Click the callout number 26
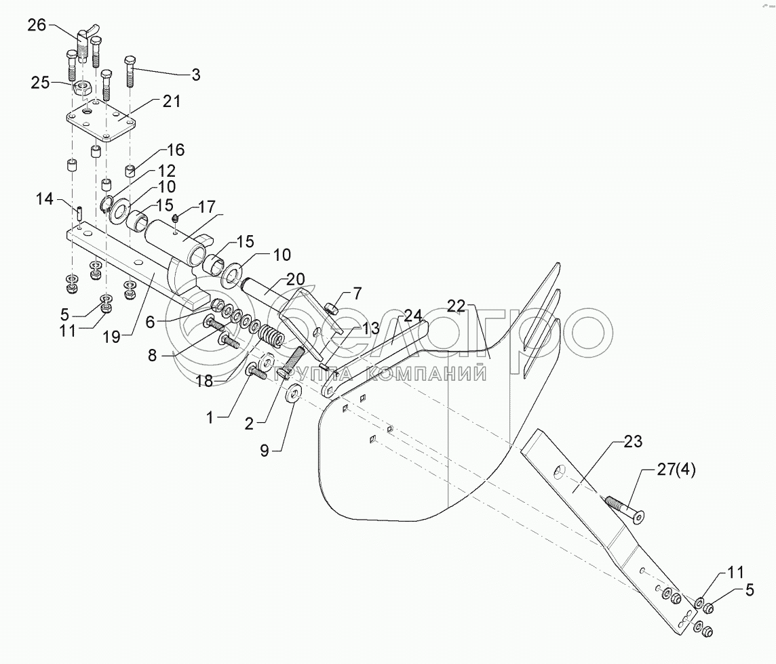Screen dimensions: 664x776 [x=37, y=26]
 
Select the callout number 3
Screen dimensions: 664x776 [x=195, y=75]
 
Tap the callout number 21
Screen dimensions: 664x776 [x=171, y=102]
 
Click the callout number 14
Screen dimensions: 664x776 [x=45, y=199]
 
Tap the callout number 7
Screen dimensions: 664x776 [x=357, y=293]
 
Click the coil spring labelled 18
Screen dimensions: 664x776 [x=270, y=337]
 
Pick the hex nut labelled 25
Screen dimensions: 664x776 [x=83, y=87]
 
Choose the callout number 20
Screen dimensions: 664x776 [x=295, y=279]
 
